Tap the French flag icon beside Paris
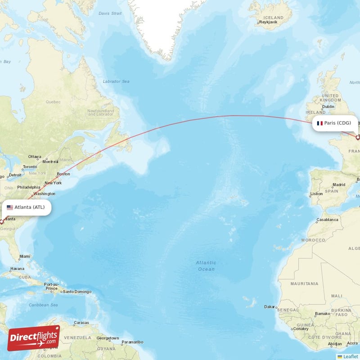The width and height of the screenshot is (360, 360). pos(320,123)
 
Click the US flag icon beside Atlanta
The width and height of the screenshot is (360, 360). pos(10,207)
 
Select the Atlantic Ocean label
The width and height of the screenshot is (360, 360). pos(206,265)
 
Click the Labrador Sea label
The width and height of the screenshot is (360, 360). pos(116,81)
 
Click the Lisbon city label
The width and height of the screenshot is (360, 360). pos(316,193)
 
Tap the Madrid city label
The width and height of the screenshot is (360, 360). pos(338,185)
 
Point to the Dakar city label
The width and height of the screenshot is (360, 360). pos(270,306)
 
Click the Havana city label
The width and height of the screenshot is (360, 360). pos(17,268)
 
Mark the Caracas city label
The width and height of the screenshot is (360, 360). pos(81,323)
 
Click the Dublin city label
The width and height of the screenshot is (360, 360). pos(328,107)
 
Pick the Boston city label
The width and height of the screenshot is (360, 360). pos(63,174)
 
